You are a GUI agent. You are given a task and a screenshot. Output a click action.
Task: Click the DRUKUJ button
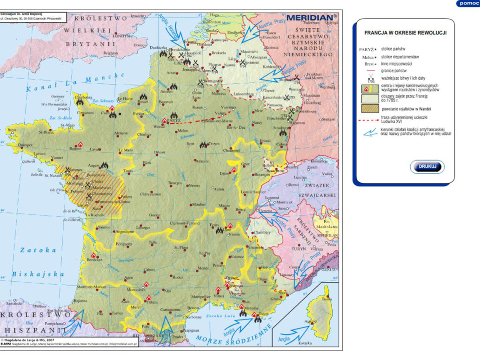pos(427,167)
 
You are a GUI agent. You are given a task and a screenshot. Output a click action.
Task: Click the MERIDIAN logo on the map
pos(311,18)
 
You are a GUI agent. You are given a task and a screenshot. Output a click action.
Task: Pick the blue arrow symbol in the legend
pos(370,132)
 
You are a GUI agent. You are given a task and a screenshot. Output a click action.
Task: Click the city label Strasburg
pos(280,127)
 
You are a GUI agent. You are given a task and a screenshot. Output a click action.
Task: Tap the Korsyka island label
pos(305,343)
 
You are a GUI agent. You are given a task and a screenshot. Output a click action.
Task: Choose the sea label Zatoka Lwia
pos(218,317)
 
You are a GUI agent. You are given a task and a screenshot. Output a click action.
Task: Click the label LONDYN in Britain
pos(121,35)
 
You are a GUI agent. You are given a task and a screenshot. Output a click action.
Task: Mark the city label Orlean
pos(160,152)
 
